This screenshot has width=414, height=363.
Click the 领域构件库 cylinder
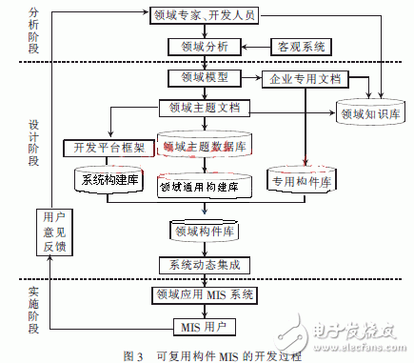[x=204, y=231]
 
